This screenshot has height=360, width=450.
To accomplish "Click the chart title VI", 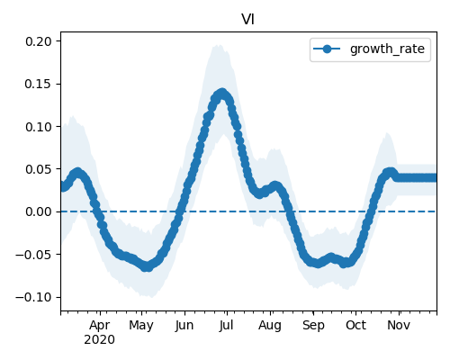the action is point(248,20).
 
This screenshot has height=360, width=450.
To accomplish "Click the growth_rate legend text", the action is point(387,49).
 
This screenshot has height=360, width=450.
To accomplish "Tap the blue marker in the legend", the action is point(327,49).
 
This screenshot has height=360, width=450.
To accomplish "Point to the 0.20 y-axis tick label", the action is point(39,41).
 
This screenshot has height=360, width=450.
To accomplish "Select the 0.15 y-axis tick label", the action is point(39,84).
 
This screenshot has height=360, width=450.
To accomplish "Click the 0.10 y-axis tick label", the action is point(39,127).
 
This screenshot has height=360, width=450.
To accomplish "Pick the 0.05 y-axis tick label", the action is point(39,169).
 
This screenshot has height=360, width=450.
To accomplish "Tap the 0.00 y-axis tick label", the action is point(39,211).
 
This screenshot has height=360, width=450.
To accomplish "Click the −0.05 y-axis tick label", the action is point(34,255).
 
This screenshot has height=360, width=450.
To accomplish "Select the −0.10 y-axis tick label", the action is point(34,297).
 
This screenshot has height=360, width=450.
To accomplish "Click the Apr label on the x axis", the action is point(100,326).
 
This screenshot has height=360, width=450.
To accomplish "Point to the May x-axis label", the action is point(141,326).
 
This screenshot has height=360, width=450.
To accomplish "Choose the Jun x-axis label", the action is point(184,325).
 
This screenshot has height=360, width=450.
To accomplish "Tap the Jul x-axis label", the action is point(226,325).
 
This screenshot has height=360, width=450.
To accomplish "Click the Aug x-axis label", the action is point(270,326).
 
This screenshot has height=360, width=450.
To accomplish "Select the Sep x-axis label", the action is point(313,326).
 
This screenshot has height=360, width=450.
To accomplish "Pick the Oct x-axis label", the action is point(355,325).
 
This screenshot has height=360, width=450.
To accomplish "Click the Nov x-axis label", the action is point(399,325).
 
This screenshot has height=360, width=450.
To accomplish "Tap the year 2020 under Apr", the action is point(99,340).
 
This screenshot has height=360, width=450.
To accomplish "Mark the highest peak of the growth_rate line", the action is point(222,94).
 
